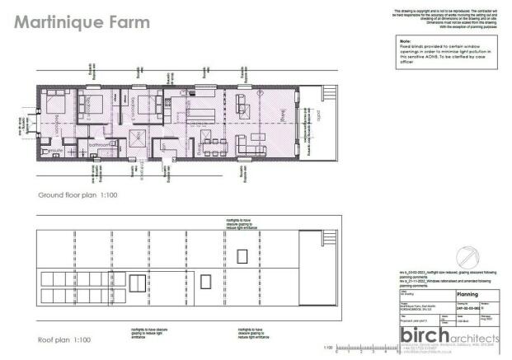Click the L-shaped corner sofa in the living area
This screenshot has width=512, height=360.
coord(247,105)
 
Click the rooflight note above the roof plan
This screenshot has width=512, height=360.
coord(239,223)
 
